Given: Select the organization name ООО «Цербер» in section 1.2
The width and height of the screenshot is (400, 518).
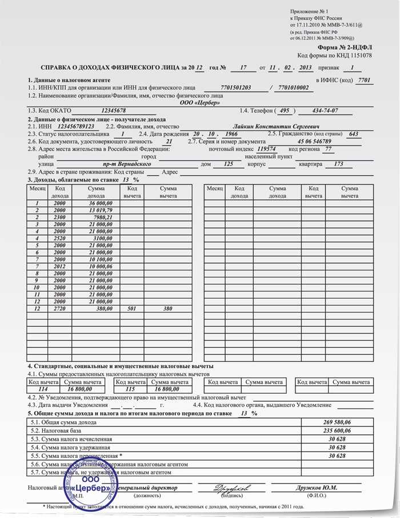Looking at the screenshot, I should [199, 102].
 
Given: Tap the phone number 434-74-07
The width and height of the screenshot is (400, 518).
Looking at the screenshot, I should [321, 110].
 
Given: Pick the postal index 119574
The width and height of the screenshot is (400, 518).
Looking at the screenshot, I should [267, 149].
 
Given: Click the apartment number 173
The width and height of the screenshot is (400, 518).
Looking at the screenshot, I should [338, 164].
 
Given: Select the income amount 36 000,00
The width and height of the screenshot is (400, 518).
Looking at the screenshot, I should [101, 203].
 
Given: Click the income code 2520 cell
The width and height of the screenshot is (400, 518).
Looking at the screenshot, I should [60, 238].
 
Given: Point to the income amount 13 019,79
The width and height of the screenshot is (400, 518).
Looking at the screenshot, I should [101, 210].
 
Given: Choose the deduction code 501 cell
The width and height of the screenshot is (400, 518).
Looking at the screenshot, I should [131, 308].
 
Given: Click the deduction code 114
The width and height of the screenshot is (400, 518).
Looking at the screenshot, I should [43, 389].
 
